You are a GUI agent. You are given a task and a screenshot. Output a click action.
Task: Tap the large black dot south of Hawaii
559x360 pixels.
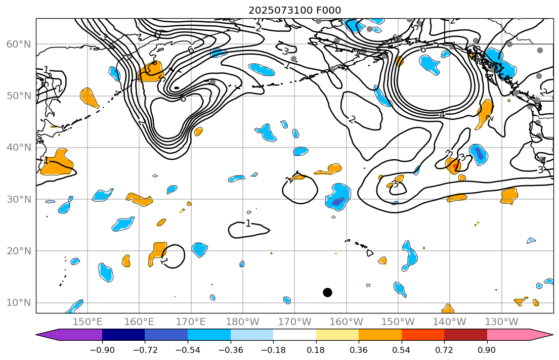pos(327,292)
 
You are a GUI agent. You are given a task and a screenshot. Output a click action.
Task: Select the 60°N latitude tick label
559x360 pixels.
pos(18,44)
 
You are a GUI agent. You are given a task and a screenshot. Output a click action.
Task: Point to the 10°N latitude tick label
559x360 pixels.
pos(18,303)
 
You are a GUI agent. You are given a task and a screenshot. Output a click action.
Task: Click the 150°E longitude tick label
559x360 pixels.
pos(88,322)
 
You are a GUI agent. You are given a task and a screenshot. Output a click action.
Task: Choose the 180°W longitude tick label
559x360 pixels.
pos(243,322)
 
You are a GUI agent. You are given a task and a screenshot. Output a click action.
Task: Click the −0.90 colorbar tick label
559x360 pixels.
pos(102,349)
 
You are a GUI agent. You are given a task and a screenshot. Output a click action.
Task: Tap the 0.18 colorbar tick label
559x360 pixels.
pos(316,349)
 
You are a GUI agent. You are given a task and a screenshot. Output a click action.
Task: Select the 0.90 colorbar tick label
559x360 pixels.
pos(487,349)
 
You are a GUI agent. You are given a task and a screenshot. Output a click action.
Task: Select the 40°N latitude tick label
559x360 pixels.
pos(18,148)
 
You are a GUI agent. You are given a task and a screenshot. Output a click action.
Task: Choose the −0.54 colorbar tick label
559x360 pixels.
pos(188,349)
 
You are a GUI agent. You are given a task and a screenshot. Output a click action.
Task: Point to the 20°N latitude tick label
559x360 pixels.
pos(18,251)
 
